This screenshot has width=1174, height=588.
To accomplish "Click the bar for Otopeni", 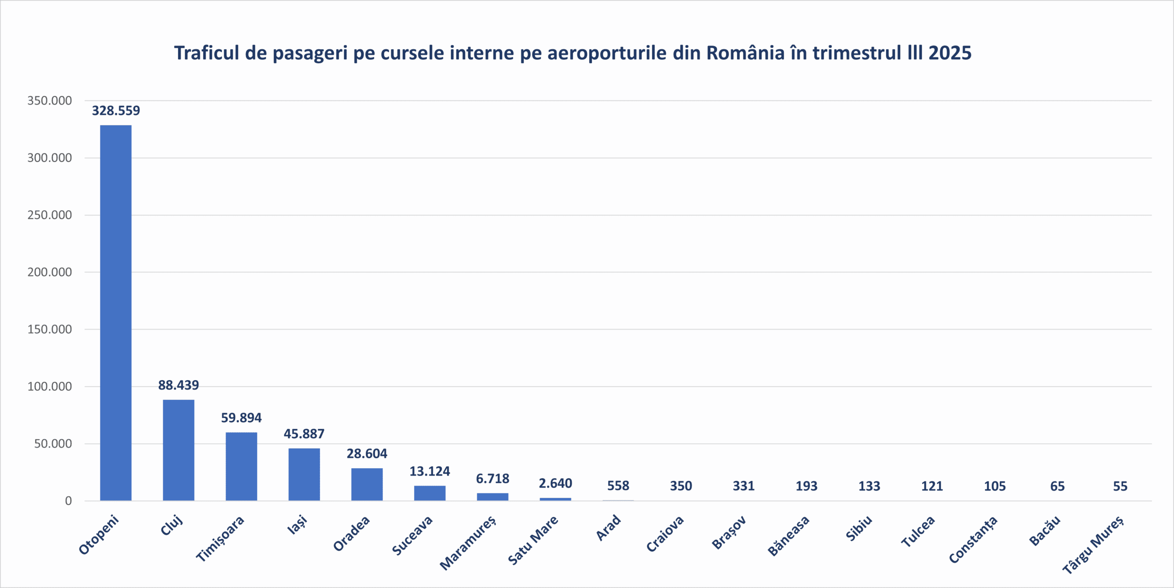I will (116, 312).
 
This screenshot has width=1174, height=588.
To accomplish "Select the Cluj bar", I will (178, 450).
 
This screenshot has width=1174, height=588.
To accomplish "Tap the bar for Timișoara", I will (241, 466).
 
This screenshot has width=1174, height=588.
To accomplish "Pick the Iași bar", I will (304, 474).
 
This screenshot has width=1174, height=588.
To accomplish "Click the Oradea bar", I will (367, 484).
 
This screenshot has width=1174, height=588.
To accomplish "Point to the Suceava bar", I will (430, 493).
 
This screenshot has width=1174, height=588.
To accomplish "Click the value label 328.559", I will (116, 111).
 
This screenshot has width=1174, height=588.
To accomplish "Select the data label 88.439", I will (178, 385).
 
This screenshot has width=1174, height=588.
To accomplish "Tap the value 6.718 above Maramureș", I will (493, 479).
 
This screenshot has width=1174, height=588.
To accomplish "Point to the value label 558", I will (618, 486).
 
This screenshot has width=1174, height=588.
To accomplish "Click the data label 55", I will (1120, 486).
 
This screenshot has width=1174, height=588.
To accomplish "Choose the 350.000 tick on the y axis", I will (50, 101).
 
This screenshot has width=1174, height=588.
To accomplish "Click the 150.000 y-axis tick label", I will (50, 329).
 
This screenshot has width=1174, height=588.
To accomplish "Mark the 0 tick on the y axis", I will (68, 501).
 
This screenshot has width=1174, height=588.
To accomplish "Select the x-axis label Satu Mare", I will (533, 540).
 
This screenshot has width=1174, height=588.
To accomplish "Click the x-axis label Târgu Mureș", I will (1093, 544).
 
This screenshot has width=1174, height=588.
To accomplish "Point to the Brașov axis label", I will (729, 533).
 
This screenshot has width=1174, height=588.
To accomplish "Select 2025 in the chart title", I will (950, 53).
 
